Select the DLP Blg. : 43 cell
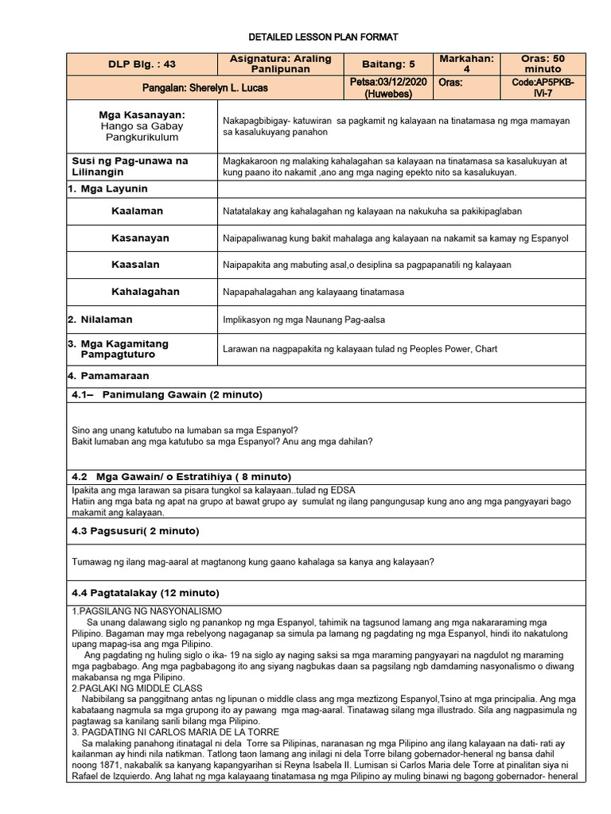click(141, 64)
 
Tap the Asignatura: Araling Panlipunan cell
click(280, 64)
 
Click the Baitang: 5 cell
click(389, 64)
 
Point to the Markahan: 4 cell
click(467, 64)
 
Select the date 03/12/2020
click(403, 82)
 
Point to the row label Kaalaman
click(137, 211)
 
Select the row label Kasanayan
click(140, 238)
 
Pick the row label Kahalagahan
click(146, 292)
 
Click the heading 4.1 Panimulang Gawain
click(167, 394)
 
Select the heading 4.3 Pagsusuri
click(135, 530)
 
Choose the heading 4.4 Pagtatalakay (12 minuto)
click(145, 592)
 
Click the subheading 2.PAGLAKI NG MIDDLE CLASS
click(137, 688)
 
